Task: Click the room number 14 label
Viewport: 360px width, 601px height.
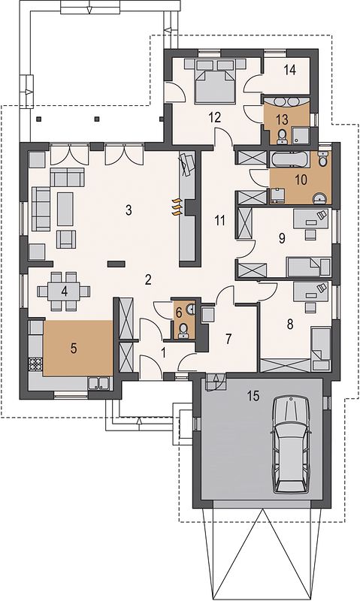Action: point(290,70)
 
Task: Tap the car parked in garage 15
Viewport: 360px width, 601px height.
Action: point(292,445)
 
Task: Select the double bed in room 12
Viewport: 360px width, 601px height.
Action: point(215,81)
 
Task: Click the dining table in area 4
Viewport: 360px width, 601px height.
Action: point(64,291)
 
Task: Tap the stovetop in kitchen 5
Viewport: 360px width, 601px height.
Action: point(35,364)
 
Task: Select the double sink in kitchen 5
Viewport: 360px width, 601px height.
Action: point(99,383)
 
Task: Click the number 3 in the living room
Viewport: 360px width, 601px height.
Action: point(129,210)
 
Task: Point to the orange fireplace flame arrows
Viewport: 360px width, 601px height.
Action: point(177,207)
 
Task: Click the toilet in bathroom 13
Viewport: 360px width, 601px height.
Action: point(283,135)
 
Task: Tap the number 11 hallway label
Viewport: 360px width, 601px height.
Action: point(219,220)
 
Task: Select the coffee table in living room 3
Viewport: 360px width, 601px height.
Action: point(65,209)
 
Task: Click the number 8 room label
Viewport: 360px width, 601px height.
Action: point(290,325)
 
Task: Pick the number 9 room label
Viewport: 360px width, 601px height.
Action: point(282,238)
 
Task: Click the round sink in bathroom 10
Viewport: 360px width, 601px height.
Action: point(320,198)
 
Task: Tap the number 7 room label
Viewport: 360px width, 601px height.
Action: point(228,339)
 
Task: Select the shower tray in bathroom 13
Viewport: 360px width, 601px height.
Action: point(301,136)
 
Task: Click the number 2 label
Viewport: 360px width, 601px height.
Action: point(148,279)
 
